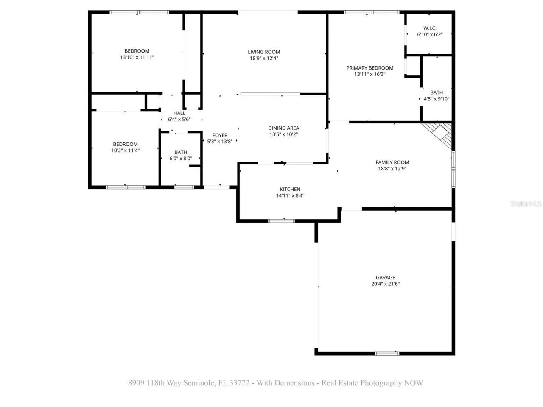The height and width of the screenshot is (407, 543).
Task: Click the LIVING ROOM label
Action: pyautogui.click(x=264, y=52)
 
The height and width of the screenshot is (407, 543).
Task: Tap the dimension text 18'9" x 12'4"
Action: pyautogui.click(x=264, y=59)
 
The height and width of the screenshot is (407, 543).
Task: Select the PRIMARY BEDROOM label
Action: pyautogui.click(x=369, y=68)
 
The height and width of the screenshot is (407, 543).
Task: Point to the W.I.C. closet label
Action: pyautogui.click(x=430, y=28)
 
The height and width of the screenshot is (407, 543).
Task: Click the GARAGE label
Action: pyautogui.click(x=385, y=278)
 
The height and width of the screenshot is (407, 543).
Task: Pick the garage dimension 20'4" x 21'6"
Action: pyautogui.click(x=385, y=284)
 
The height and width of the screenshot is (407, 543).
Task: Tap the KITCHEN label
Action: pyautogui.click(x=290, y=189)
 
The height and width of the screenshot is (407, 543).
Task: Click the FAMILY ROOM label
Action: pyautogui.click(x=392, y=162)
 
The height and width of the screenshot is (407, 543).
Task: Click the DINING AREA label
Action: pyautogui.click(x=283, y=128)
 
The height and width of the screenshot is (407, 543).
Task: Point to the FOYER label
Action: pyautogui.click(x=220, y=135)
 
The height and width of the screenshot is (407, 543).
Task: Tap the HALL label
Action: pyautogui.click(x=179, y=113)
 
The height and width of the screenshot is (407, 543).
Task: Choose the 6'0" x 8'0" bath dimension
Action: pyautogui.click(x=181, y=159)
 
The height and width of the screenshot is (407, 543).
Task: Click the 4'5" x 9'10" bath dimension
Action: pyautogui.click(x=437, y=99)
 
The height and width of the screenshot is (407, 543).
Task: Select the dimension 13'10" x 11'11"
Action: pyautogui.click(x=137, y=57)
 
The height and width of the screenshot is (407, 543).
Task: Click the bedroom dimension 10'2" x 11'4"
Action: pyautogui.click(x=125, y=150)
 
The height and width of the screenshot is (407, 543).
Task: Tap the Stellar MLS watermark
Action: pyautogui.click(x=526, y=204)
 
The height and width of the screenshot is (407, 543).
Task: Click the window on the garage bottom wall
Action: pyautogui.click(x=387, y=353)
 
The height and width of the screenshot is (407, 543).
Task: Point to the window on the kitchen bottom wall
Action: pyautogui.click(x=282, y=220)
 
